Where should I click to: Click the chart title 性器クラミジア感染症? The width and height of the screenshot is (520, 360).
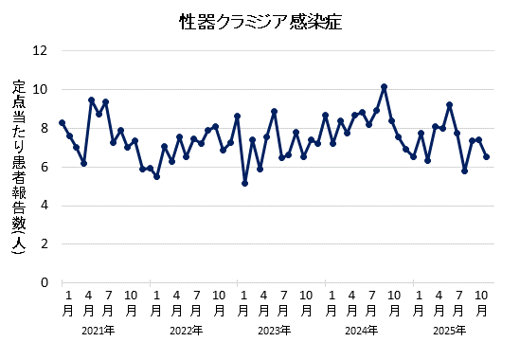pyautogui.click(x=260, y=21)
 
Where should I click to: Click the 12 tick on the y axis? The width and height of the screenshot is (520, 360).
pyautogui.click(x=40, y=50)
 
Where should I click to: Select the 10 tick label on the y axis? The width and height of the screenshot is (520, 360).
pyautogui.click(x=40, y=89)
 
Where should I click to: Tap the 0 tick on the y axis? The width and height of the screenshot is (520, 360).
pyautogui.click(x=44, y=282)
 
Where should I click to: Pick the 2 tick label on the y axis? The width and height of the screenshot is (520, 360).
pyautogui.click(x=44, y=243)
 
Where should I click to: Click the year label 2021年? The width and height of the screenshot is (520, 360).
pyautogui.click(x=98, y=331)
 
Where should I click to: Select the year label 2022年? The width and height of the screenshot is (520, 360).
pyautogui.click(x=186, y=331)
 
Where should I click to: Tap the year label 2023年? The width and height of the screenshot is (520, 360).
pyautogui.click(x=274, y=331)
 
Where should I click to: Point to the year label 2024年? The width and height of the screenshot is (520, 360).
pyautogui.click(x=362, y=331)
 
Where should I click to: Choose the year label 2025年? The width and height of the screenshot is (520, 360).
pyautogui.click(x=449, y=331)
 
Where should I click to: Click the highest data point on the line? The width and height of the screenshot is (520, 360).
pyautogui.click(x=384, y=86)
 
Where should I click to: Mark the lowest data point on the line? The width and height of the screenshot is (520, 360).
pyautogui.click(x=244, y=183)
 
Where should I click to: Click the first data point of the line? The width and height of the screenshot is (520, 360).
pyautogui.click(x=62, y=122)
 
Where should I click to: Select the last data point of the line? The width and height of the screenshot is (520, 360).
pyautogui.click(x=486, y=156)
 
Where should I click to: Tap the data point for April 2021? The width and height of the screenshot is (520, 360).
pyautogui.click(x=91, y=99)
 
